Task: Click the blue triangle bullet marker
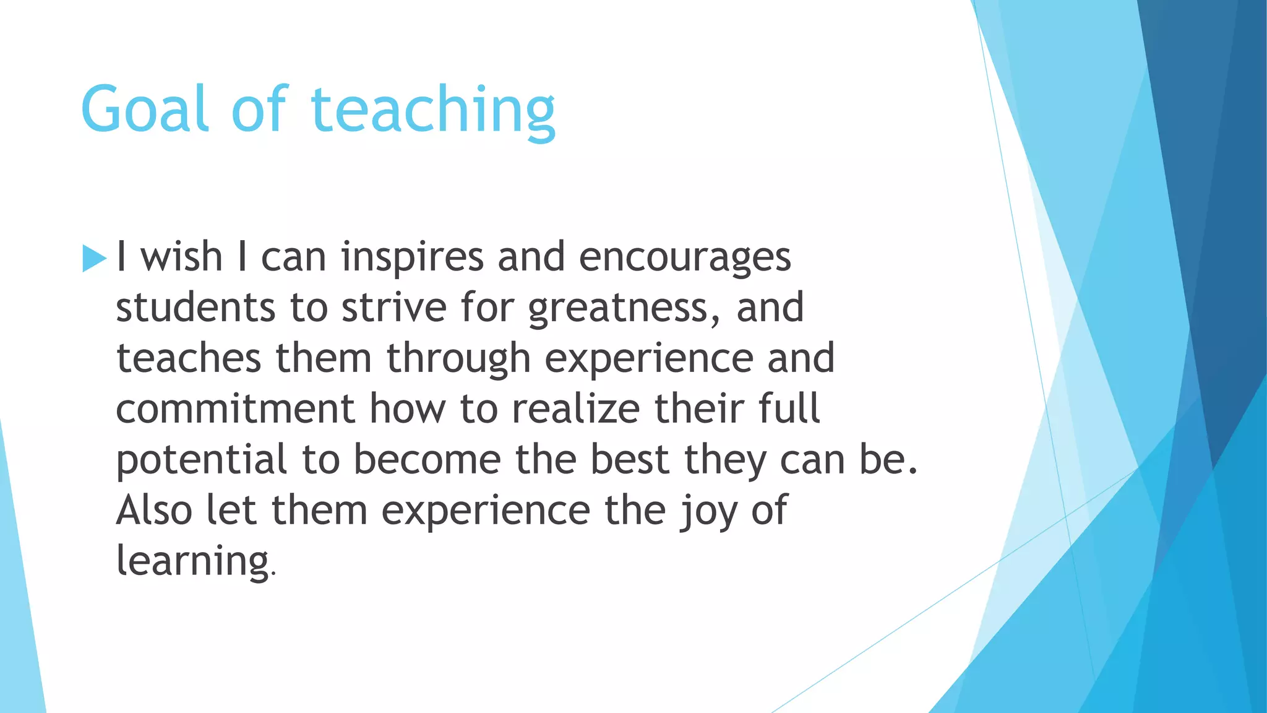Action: pyautogui.click(x=94, y=258)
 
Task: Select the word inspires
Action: pyautogui.click(x=412, y=257)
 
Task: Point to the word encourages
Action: pyautogui.click(x=685, y=257)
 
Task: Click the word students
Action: pyautogui.click(x=195, y=308)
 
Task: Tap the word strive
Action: pyautogui.click(x=394, y=308)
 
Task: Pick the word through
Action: pyautogui.click(x=458, y=360)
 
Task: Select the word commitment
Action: pyautogui.click(x=235, y=409)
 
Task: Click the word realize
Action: pyautogui.click(x=576, y=409)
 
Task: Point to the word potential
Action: pyautogui.click(x=202, y=460)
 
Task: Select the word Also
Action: pyautogui.click(x=154, y=511)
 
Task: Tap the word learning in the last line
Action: pyautogui.click(x=192, y=561)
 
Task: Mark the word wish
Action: pyautogui.click(x=181, y=257)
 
